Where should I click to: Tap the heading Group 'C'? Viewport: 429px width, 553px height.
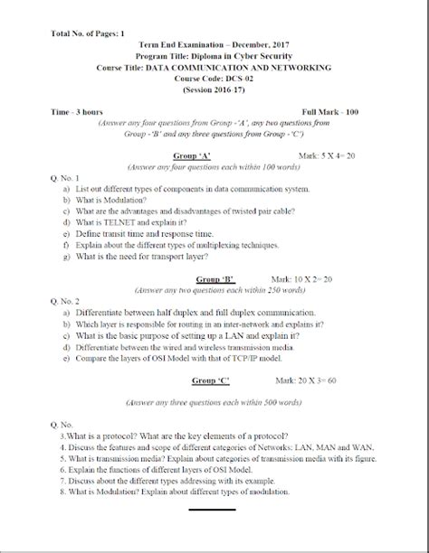tap(208, 381)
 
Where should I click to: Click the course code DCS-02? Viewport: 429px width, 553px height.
tap(214, 80)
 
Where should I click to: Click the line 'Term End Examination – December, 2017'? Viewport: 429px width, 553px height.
tap(214, 44)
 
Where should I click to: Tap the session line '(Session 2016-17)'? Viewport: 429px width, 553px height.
tap(214, 90)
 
